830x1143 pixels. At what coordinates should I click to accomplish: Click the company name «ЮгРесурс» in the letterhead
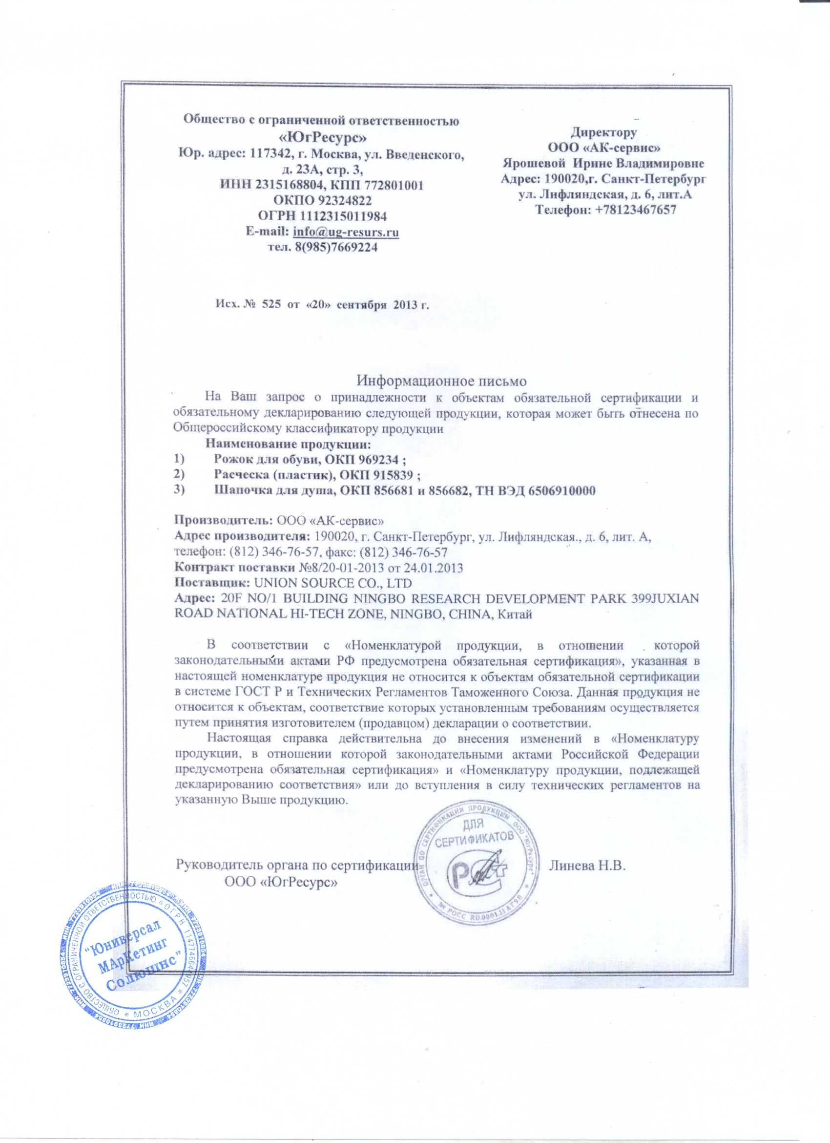pyautogui.click(x=323, y=137)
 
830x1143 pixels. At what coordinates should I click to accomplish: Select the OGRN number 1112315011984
pyautogui.click(x=345, y=217)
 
